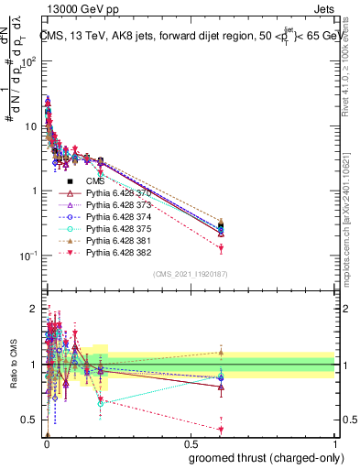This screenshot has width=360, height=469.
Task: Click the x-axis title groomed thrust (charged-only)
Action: pyautogui.click(x=272, y=457)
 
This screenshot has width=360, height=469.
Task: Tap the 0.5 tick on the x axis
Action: pyautogui.click(x=191, y=444)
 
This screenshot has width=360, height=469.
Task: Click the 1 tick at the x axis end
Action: pyautogui.click(x=337, y=444)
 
